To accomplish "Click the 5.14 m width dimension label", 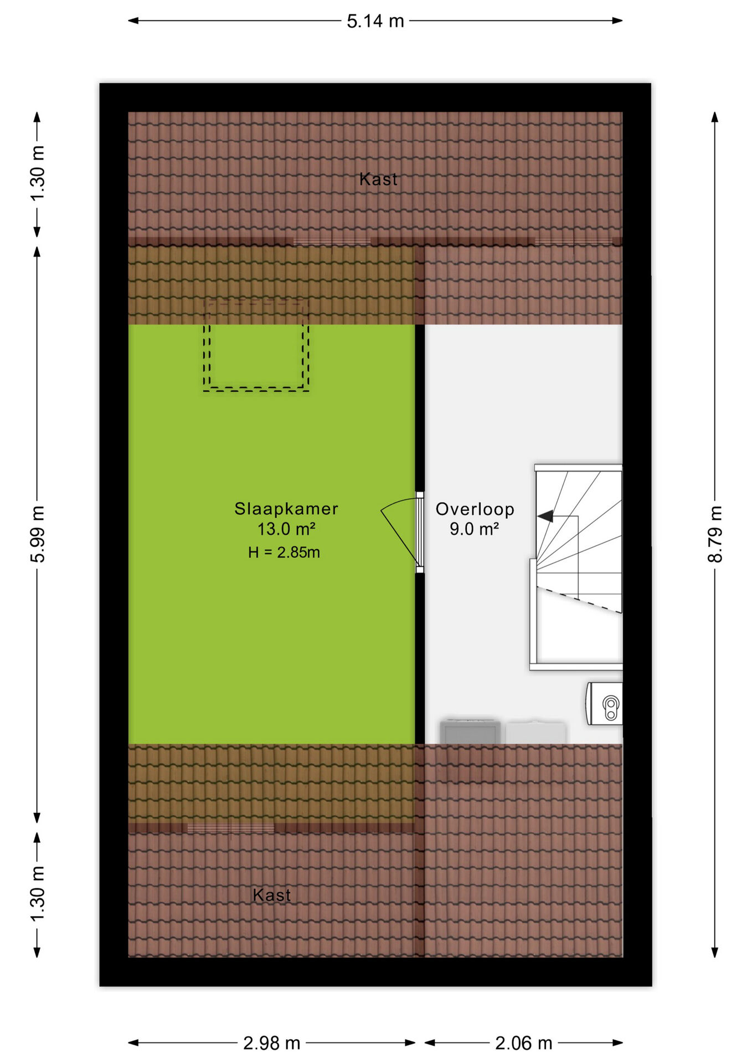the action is pos(375,21).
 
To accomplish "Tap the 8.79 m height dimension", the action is pos(715,534).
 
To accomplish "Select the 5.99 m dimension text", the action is pos(38,534).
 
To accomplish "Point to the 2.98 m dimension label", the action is pos(271,1043).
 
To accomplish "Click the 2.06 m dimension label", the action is pos(524,1043).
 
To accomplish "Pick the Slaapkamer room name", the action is pos(286,509).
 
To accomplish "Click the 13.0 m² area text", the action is pos(286,529).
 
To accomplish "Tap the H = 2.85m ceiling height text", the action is pos(284,553).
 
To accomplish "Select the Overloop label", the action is pos(475,509).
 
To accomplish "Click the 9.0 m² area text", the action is pos(475,529).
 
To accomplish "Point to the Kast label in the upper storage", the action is pos(378,179).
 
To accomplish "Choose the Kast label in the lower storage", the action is pos(271,895).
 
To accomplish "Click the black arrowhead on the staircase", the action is pos(545,516).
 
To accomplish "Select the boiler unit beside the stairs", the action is pos(605,704).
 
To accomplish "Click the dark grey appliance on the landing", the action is pos(470,731).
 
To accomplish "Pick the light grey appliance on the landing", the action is pos(535,732).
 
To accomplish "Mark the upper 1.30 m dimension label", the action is pos(38,174).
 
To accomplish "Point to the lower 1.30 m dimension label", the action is pos(38,894).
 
